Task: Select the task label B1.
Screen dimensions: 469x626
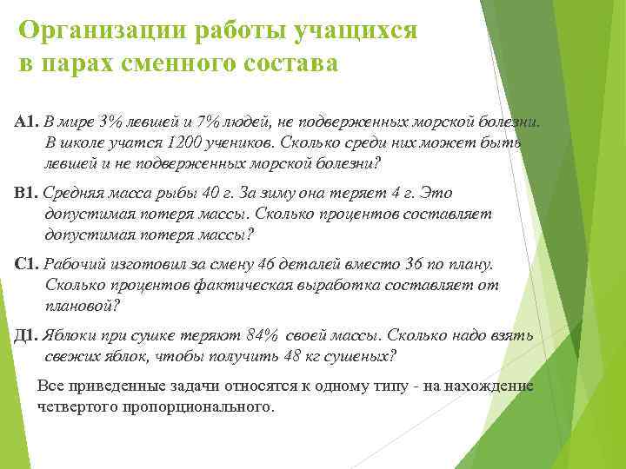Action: (27, 194)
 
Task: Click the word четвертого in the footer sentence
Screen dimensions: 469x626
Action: (76, 406)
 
